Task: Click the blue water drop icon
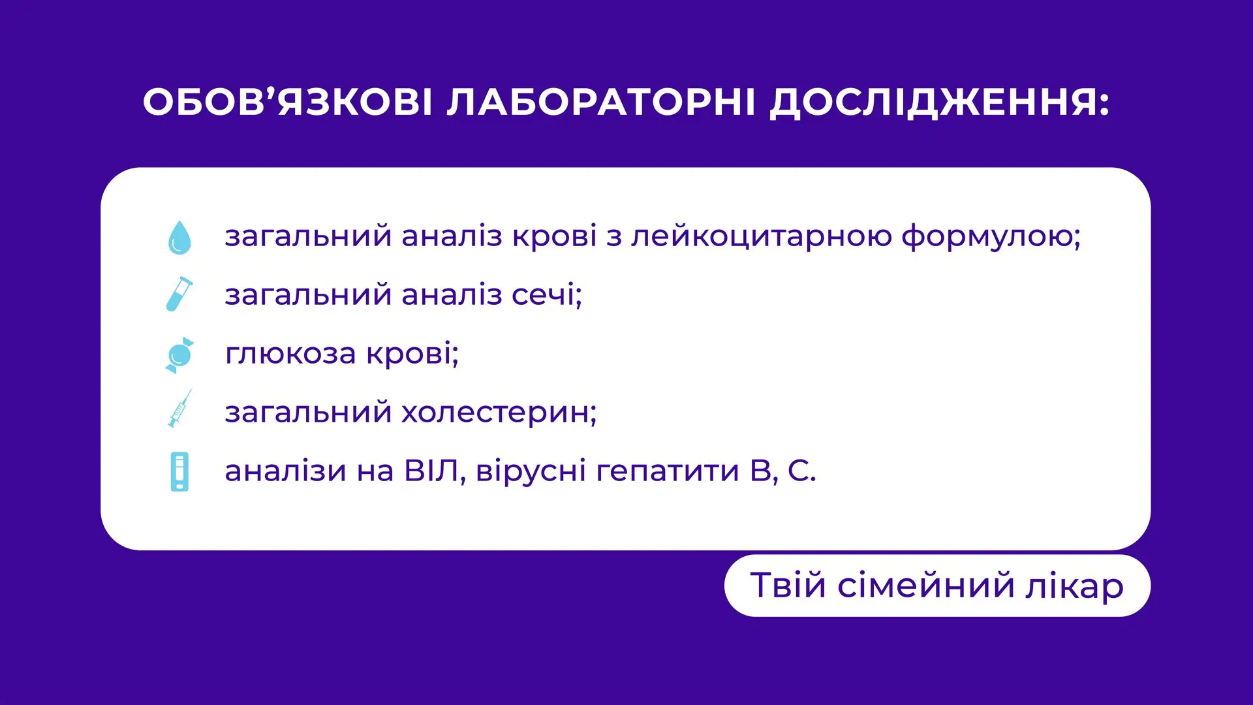[x=179, y=237]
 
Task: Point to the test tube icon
[x=179, y=294]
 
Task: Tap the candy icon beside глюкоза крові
[x=179, y=354]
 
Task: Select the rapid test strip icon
[x=179, y=471]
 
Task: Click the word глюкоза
[x=290, y=354]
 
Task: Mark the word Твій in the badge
[x=788, y=585]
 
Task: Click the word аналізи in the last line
[x=285, y=471]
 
